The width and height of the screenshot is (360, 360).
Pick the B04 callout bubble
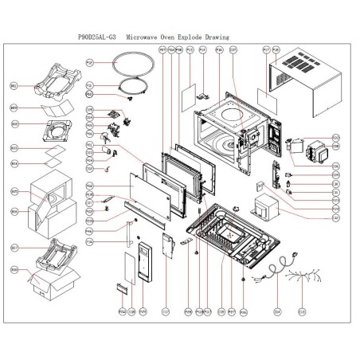point(14,163)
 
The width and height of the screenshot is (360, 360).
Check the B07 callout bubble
point(14,248)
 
